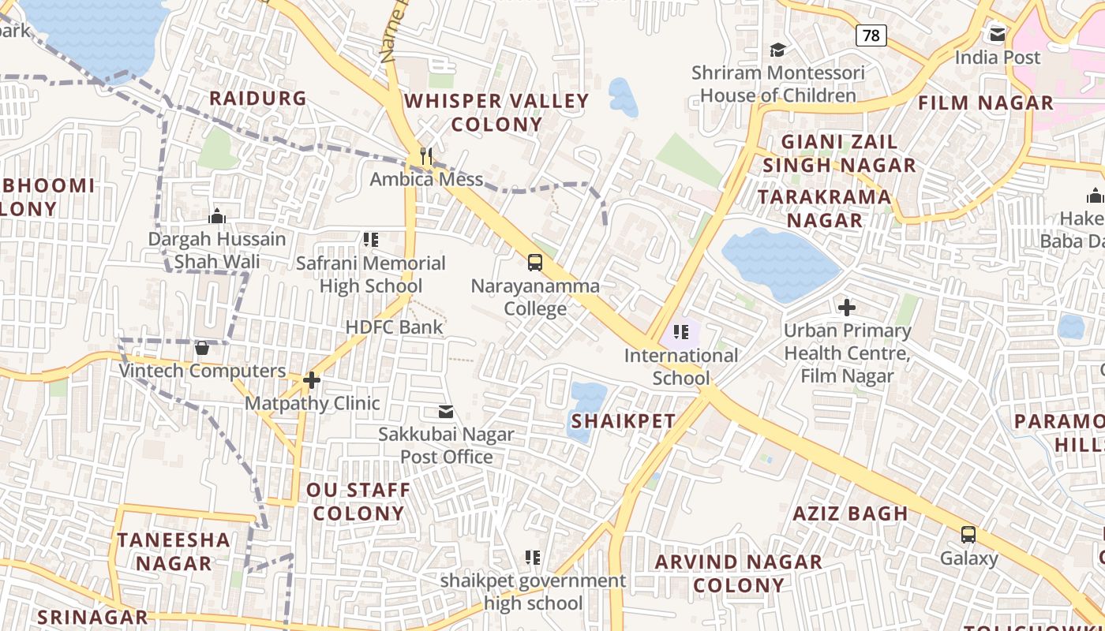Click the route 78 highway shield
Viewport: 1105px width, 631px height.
pyautogui.click(x=871, y=35)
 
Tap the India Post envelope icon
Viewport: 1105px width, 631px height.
pyautogui.click(x=998, y=34)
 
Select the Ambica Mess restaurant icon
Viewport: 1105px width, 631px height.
pyautogui.click(x=426, y=155)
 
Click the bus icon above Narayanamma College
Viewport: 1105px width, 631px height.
pyautogui.click(x=535, y=262)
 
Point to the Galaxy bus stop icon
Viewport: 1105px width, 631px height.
pyautogui.click(x=968, y=534)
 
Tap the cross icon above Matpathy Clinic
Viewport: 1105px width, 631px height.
pyautogui.click(x=312, y=380)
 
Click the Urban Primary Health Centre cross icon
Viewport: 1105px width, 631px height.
pyautogui.click(x=847, y=307)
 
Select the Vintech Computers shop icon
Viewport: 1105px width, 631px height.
pyautogui.click(x=202, y=348)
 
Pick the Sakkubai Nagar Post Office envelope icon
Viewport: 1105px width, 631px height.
pyautogui.click(x=446, y=411)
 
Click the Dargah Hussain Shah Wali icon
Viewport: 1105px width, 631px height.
pyautogui.click(x=217, y=216)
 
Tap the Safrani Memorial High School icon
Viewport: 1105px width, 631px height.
pyautogui.click(x=370, y=240)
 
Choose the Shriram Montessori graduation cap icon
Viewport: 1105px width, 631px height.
pyautogui.click(x=778, y=50)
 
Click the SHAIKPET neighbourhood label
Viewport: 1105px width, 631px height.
pyautogui.click(x=623, y=421)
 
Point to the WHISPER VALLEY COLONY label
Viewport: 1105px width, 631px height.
pyautogui.click(x=496, y=112)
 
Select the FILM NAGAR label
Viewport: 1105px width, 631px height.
pyautogui.click(x=985, y=103)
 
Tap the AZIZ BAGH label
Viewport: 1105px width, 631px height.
pyautogui.click(x=850, y=513)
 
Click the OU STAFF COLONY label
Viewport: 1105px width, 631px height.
pyautogui.click(x=358, y=502)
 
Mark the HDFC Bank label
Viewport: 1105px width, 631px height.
pyautogui.click(x=394, y=327)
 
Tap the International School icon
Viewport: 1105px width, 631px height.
pyautogui.click(x=680, y=332)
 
